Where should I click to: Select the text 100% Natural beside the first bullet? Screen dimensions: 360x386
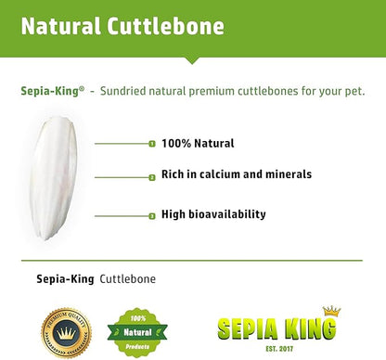tap(198, 143)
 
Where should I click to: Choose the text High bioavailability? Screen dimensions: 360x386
tap(213, 214)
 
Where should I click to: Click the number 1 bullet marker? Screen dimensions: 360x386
tap(151, 144)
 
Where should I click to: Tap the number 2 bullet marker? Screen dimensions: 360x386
tap(151, 175)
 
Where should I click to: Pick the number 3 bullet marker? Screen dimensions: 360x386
tap(151, 215)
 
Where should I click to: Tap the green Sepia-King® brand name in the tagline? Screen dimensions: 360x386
tap(52, 91)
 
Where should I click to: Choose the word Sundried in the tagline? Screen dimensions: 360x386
tap(125, 91)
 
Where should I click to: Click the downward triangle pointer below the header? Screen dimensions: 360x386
tap(193, 58)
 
